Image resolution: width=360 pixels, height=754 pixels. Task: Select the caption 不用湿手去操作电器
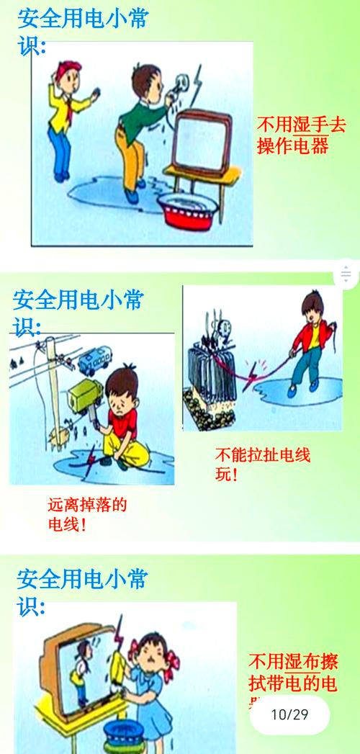(293, 135)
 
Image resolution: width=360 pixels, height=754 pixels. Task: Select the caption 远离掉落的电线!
(87, 514)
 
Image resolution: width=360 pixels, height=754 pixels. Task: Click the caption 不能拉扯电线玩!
(264, 465)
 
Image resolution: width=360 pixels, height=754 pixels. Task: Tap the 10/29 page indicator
(289, 714)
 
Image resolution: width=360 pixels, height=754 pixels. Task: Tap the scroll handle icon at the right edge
(346, 274)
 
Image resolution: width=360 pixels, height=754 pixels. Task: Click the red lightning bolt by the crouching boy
(90, 462)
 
